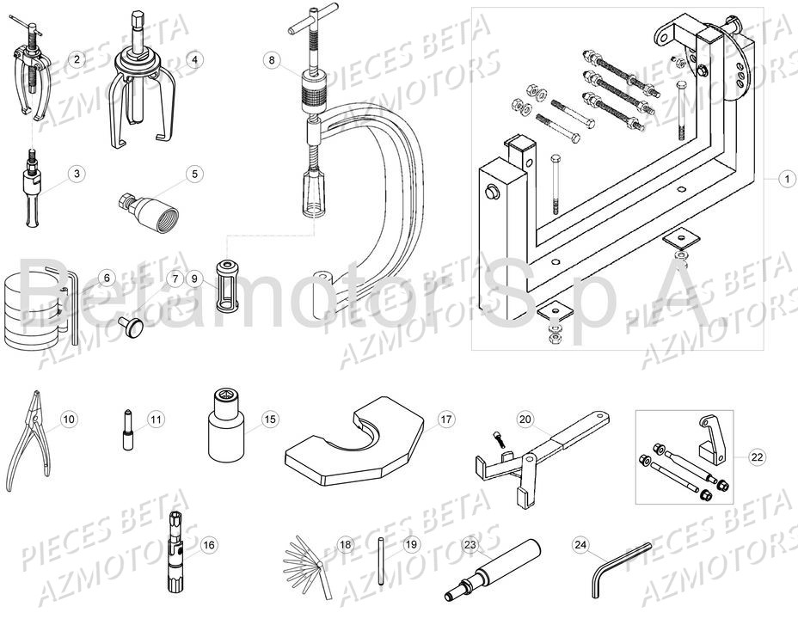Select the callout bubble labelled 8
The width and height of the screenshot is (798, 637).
point(272,60)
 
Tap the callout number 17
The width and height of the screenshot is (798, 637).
point(445,420)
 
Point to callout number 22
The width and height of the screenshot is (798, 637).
point(757,457)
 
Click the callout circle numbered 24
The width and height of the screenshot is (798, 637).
point(581,544)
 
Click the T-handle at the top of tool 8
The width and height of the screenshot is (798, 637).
point(303,27)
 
